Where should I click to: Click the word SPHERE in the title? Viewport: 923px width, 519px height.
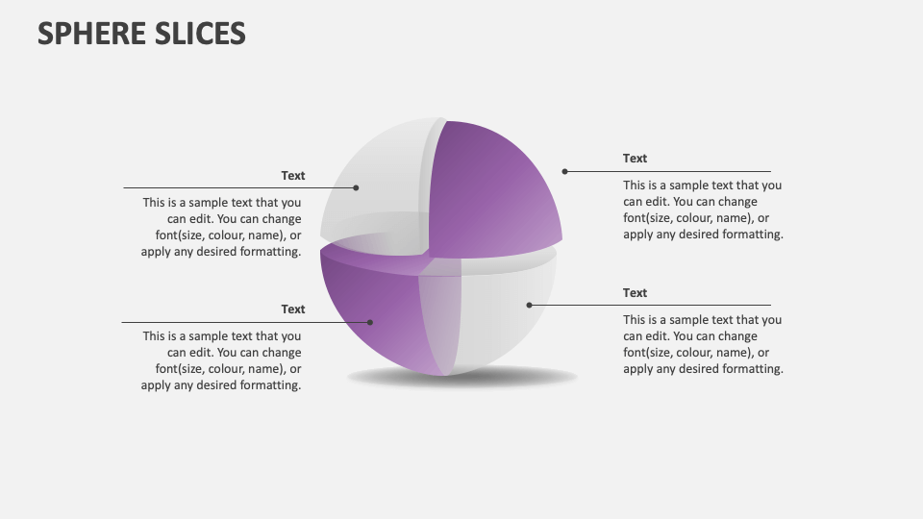tap(91, 34)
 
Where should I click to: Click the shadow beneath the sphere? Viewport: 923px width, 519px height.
tap(461, 378)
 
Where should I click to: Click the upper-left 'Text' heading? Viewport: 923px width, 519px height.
tap(293, 176)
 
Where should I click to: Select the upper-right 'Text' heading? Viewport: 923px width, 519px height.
tap(635, 159)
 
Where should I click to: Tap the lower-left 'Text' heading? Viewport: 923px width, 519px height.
tap(293, 309)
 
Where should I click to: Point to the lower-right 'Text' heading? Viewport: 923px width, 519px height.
tap(635, 293)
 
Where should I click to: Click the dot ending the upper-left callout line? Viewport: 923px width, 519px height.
tap(356, 187)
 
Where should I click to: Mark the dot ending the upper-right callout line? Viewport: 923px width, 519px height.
tap(565, 171)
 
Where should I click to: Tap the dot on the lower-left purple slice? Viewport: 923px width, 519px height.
tap(371, 322)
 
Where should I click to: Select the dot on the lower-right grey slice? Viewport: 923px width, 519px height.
tap(529, 305)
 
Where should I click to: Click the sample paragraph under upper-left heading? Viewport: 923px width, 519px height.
tap(222, 228)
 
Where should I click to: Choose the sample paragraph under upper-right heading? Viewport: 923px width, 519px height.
tap(703, 210)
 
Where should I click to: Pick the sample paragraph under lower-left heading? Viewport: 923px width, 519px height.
tap(222, 360)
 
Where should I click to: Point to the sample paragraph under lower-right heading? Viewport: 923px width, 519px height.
tap(703, 344)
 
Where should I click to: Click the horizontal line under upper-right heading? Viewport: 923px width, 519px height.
tap(673, 171)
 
